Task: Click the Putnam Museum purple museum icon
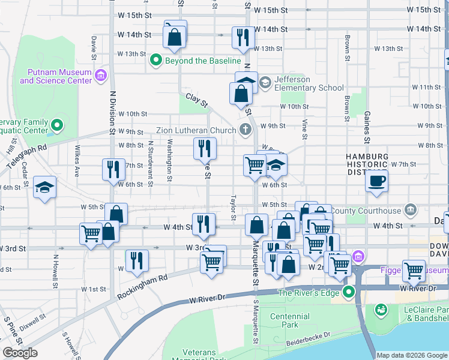(101, 76)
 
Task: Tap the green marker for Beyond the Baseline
(157, 60)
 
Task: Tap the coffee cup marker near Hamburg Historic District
(376, 181)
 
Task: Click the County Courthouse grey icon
(411, 210)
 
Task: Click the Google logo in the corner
(20, 353)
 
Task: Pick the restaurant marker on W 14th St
(243, 37)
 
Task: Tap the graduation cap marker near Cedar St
(44, 188)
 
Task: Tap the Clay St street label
(196, 100)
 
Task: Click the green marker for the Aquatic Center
(57, 125)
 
